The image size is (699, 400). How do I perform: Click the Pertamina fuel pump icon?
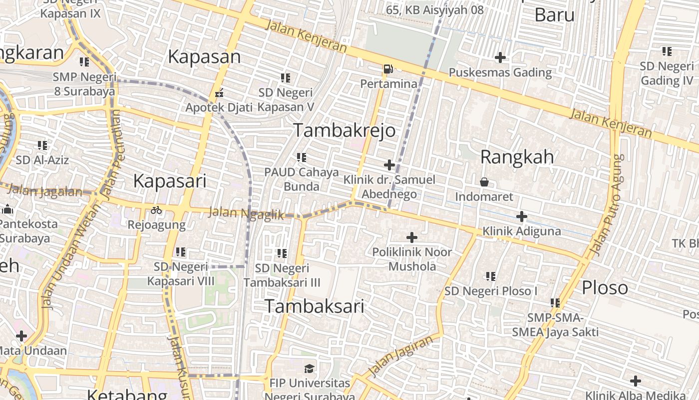point(388,69)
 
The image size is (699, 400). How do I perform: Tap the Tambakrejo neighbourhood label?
point(344,130)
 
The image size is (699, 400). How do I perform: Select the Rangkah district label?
point(517,157)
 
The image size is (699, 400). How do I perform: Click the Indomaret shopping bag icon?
point(484,182)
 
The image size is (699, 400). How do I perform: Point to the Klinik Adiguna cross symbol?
point(522,216)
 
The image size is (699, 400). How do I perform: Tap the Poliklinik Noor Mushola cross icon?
point(412,237)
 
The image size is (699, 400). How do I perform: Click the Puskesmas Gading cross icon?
point(500,57)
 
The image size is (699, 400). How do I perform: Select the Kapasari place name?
point(169,181)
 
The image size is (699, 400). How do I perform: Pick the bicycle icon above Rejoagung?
point(156,210)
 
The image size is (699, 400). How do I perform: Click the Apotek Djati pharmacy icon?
point(219,93)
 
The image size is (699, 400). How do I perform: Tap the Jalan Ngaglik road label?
point(246,213)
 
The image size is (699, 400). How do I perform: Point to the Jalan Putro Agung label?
point(606,205)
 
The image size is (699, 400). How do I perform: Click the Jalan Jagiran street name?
point(401,356)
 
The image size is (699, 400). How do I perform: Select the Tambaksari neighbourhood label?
point(314,306)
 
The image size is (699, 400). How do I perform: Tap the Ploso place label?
point(605,288)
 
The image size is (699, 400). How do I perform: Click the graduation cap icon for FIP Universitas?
point(310,369)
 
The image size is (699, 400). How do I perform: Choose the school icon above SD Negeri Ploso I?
point(491,276)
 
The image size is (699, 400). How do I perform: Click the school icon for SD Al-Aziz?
point(42,145)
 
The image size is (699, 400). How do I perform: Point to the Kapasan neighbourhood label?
point(204,56)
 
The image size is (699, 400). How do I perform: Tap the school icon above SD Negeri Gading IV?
point(667,51)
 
